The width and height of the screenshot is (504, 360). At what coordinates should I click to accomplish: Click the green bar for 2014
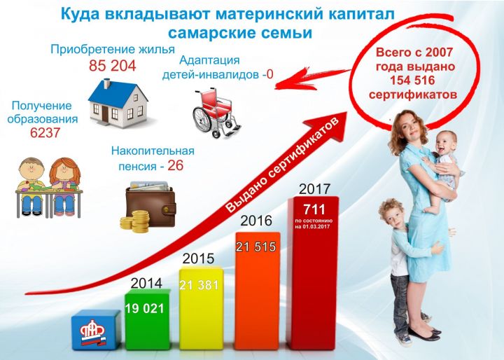coord(148,319)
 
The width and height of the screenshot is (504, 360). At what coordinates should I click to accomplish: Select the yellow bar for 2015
coord(202,308)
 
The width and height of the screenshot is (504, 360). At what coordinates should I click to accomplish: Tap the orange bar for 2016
coord(257,291)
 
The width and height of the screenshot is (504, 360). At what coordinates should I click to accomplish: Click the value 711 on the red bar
coord(314,209)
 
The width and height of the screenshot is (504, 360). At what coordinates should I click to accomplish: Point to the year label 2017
coord(314,189)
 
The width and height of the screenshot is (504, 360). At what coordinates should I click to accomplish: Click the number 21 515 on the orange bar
coord(256,247)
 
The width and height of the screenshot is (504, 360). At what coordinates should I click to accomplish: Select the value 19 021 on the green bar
coord(145,309)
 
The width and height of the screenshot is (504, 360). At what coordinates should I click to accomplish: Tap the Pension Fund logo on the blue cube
coord(93,333)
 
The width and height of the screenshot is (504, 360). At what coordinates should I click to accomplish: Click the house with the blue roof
coord(118,103)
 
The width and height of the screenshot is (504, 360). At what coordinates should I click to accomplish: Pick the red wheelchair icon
coord(216,113)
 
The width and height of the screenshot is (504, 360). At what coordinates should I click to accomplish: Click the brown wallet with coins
coord(148,207)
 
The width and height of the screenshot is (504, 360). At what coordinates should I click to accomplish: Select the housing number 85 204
coord(113,66)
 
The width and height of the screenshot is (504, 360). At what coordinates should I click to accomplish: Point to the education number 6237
coord(45,132)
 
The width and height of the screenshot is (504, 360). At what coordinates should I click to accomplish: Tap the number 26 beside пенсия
coord(176,165)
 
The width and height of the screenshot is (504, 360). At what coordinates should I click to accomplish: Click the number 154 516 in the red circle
coord(412,80)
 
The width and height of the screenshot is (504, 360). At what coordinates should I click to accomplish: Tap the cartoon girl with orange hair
coord(64,186)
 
